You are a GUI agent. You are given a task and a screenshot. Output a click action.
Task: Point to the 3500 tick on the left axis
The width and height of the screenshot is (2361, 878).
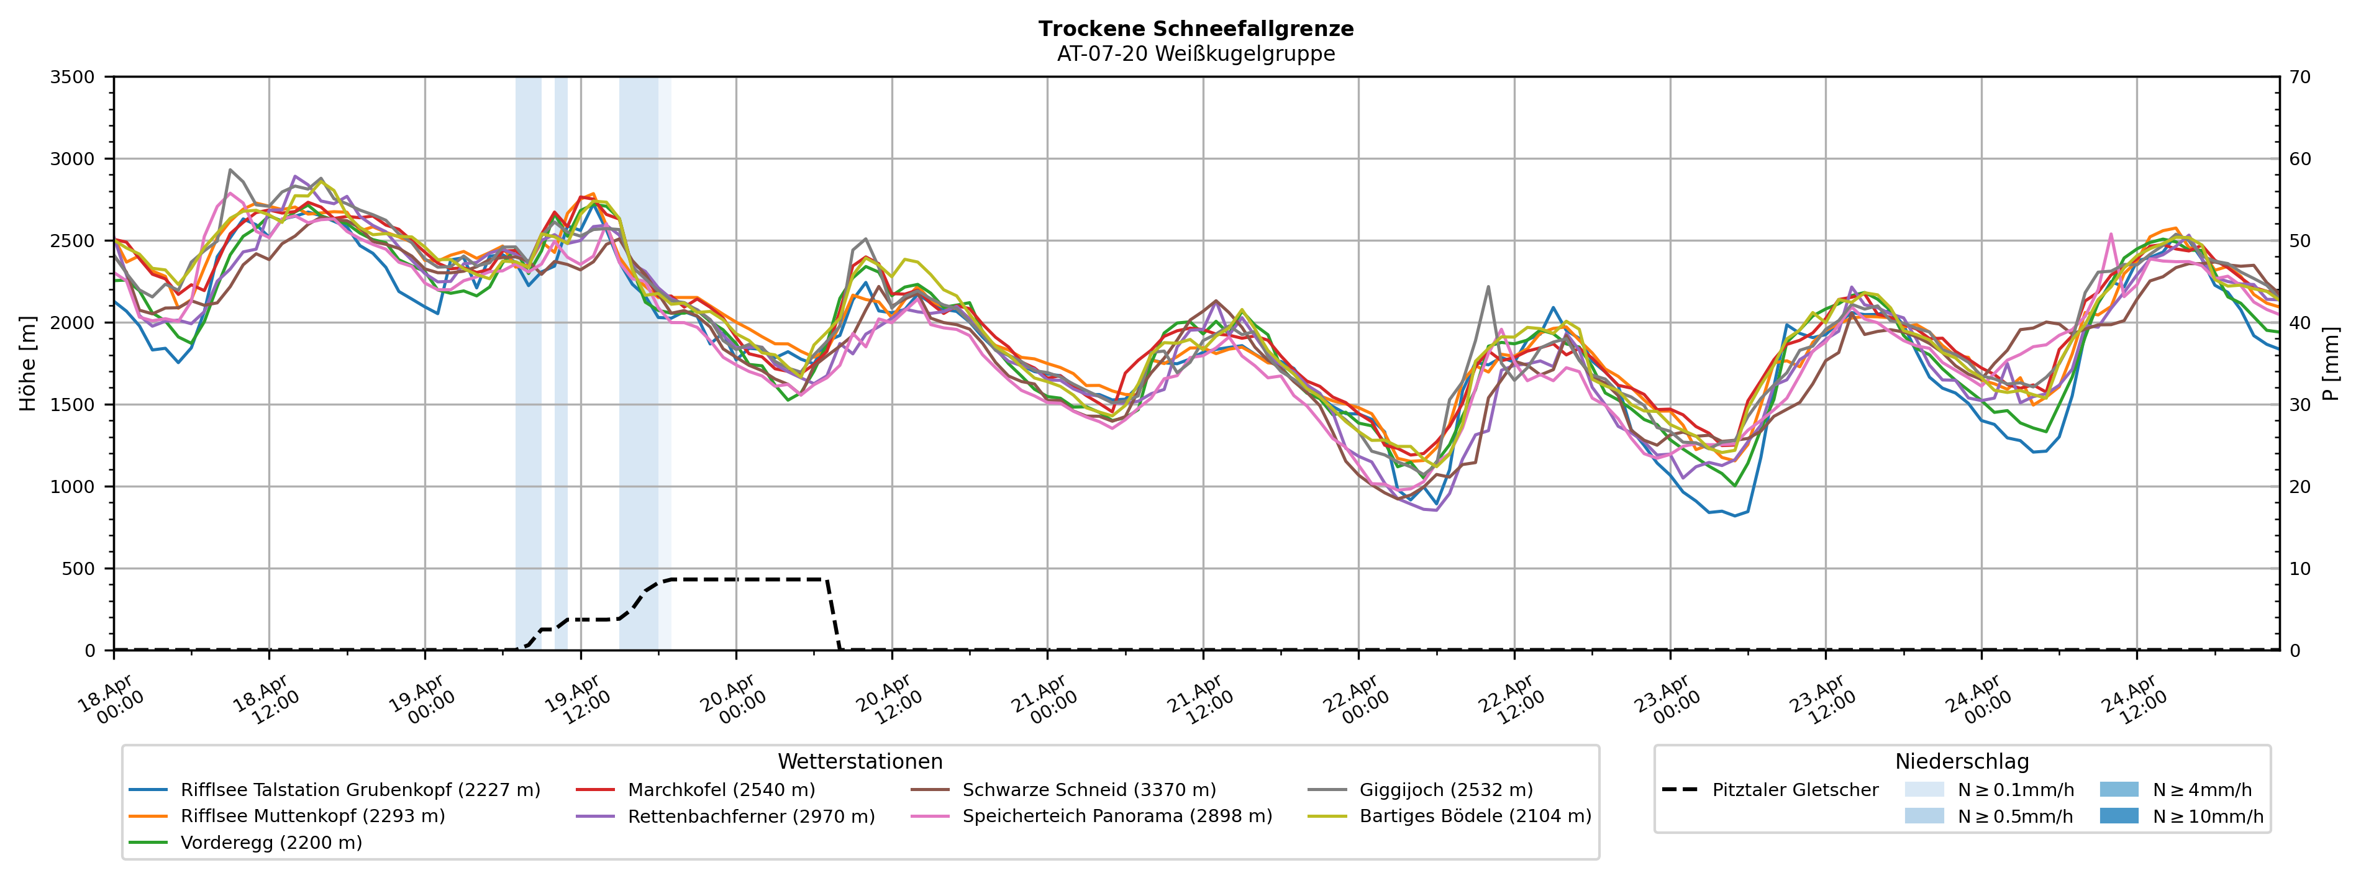click(73, 77)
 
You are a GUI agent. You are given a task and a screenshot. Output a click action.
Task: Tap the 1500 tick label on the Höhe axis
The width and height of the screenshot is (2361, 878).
click(73, 405)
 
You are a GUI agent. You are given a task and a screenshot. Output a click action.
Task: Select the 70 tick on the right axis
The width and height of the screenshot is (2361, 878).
click(2300, 77)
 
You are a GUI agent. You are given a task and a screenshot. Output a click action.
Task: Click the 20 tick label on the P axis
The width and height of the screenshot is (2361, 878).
click(2300, 487)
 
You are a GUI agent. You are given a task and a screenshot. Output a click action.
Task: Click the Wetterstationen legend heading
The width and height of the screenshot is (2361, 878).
click(860, 762)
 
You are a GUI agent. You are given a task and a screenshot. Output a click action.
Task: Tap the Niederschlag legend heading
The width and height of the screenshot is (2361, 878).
click(1962, 762)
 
